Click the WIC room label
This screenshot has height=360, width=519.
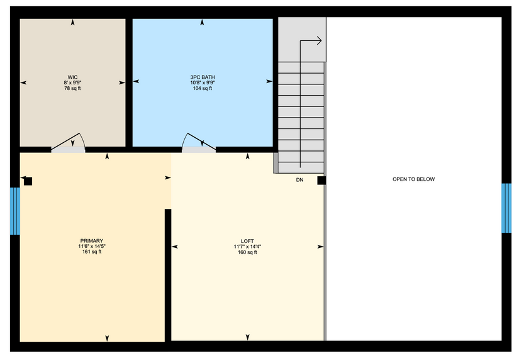coord(72,77)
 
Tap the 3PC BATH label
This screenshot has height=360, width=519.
coord(202,77)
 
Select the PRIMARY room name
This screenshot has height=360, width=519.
coord(92,241)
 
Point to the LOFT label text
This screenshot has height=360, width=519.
coord(247,241)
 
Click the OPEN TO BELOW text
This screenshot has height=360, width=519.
coord(413,179)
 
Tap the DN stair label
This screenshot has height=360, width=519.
coord(299,180)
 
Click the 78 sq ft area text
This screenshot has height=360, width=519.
coord(72,89)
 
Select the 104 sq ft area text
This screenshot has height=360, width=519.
coord(202,89)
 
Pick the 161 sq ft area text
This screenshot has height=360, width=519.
coord(92,252)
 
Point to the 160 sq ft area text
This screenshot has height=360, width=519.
coord(247,252)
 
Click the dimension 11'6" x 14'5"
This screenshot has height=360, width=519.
coord(92,247)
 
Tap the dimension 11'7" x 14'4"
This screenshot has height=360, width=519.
coord(247,247)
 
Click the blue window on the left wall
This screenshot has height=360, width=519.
coord(15,211)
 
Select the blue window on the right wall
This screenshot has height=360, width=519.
coord(506,208)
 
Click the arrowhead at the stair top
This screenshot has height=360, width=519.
coord(320,41)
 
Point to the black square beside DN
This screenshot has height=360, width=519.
coord(321,181)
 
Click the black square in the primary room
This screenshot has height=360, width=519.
coord(28,181)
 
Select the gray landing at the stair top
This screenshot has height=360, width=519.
coord(302,40)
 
